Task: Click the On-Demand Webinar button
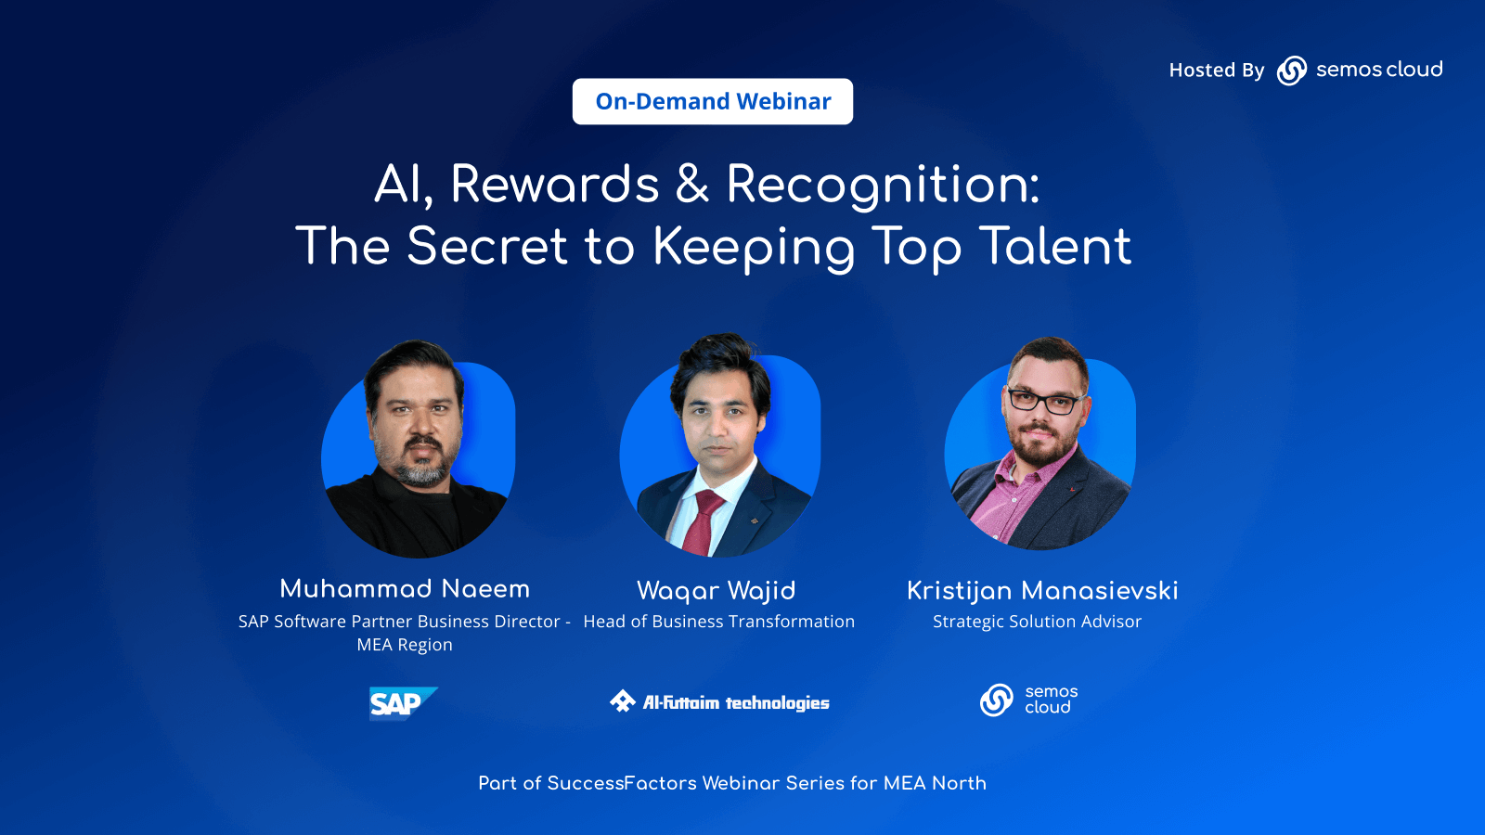(x=713, y=101)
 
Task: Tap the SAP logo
(x=401, y=703)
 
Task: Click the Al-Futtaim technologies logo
(x=719, y=702)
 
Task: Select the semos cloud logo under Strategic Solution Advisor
(x=1028, y=700)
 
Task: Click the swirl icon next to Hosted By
(x=1291, y=71)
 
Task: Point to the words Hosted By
(x=1216, y=71)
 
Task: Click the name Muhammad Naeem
(x=405, y=589)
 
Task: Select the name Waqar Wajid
(x=716, y=591)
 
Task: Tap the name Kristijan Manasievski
(x=1041, y=591)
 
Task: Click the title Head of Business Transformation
(x=718, y=622)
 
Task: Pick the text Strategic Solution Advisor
(x=1037, y=622)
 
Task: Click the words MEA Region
(x=405, y=645)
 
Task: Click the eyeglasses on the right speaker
(x=1043, y=402)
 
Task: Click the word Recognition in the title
(x=882, y=185)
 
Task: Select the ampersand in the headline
(x=692, y=184)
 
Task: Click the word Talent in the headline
(x=1055, y=247)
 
